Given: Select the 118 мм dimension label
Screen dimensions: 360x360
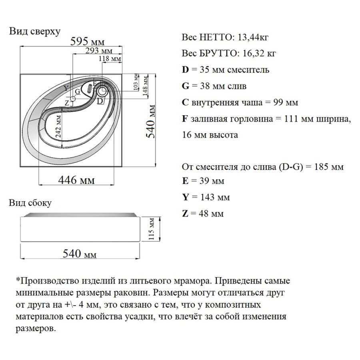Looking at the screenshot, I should tap(110, 59).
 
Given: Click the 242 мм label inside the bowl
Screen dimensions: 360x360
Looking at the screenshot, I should tap(59, 126).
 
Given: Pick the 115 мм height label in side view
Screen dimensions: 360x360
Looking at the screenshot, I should tap(151, 229).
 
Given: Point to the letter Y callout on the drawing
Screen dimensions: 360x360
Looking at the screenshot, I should tap(66, 87).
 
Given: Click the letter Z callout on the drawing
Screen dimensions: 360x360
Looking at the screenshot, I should tap(67, 103).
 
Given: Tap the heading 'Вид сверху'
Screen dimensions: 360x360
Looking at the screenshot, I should tap(35, 32).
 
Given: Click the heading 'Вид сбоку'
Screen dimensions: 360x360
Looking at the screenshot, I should tap(30, 203).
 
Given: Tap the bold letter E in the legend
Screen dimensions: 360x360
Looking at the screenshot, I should tap(185, 181).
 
